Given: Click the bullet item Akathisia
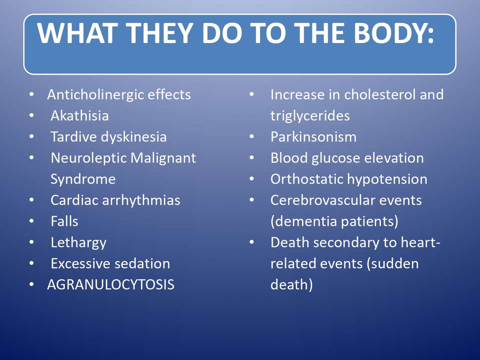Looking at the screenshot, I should [x=80, y=116].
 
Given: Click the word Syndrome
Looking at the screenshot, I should [x=83, y=179].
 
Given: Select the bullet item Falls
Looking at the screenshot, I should [x=64, y=221].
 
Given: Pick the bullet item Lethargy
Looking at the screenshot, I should [x=78, y=242].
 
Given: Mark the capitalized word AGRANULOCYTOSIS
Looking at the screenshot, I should [x=110, y=285].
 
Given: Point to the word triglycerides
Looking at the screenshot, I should [x=310, y=116].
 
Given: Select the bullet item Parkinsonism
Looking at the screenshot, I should [x=313, y=137].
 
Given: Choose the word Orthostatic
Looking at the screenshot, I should [x=307, y=179].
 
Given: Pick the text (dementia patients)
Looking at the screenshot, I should [x=334, y=221].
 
